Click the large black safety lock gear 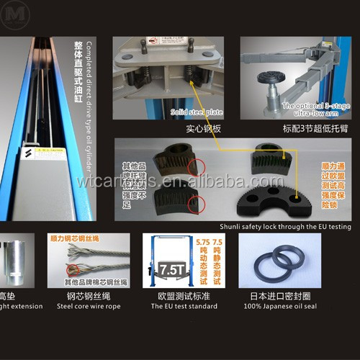pos(273,198)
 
